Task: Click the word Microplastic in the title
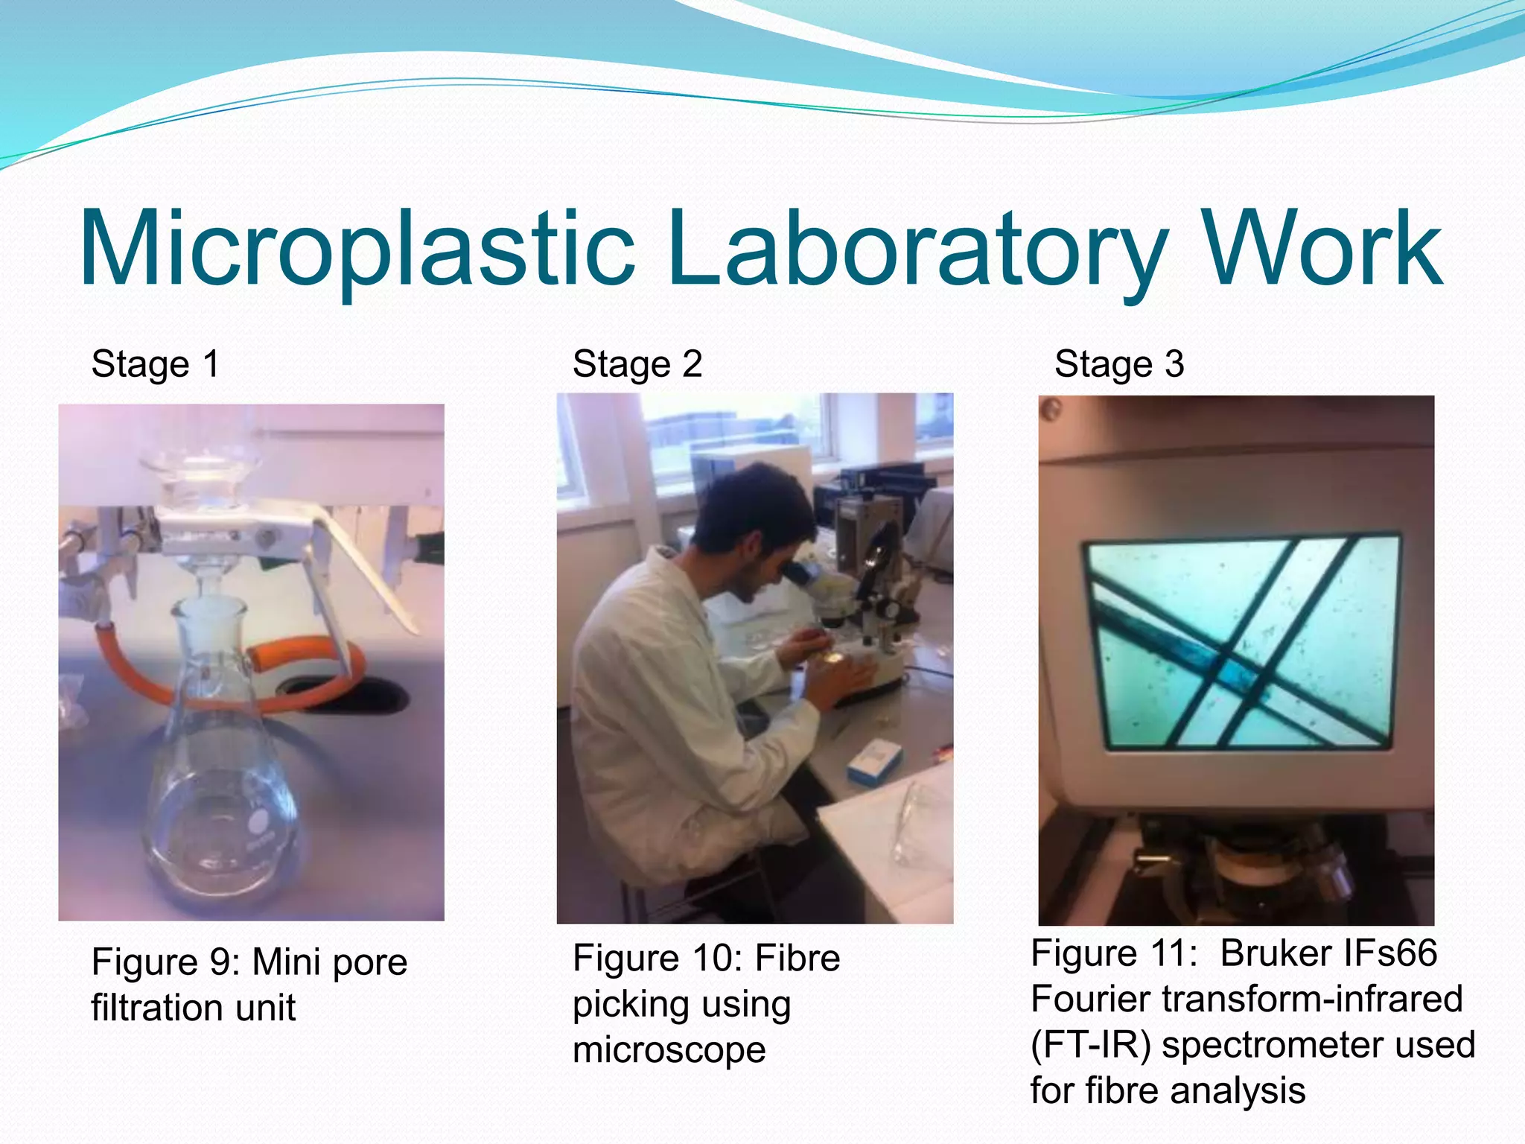click(357, 250)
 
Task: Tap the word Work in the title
click(1322, 250)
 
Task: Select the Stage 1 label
click(155, 365)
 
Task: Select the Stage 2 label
click(637, 365)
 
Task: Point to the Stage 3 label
click(1118, 365)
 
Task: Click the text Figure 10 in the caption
click(656, 959)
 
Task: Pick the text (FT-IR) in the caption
click(1090, 1045)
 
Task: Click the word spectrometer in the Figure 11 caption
click(1273, 1045)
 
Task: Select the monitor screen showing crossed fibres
click(1240, 641)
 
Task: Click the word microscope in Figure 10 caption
click(669, 1050)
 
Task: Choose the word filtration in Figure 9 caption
click(156, 1008)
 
